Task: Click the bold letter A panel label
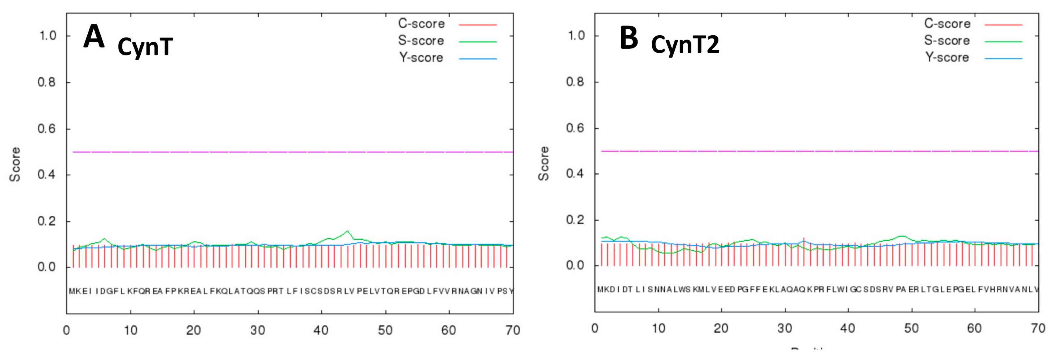pos(94,37)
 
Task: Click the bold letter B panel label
pos(629,38)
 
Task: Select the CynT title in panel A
pos(145,47)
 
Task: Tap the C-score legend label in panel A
pos(421,24)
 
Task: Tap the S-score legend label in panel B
pos(947,40)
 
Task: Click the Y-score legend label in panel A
pos(421,58)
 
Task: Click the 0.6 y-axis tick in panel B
pos(575,128)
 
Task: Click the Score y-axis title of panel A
pos(15,164)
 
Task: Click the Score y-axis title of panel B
pos(543,163)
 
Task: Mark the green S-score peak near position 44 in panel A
pos(347,231)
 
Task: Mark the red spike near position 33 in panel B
pos(804,239)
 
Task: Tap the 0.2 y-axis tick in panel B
pos(575,220)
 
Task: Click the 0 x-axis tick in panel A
pos(66,330)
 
